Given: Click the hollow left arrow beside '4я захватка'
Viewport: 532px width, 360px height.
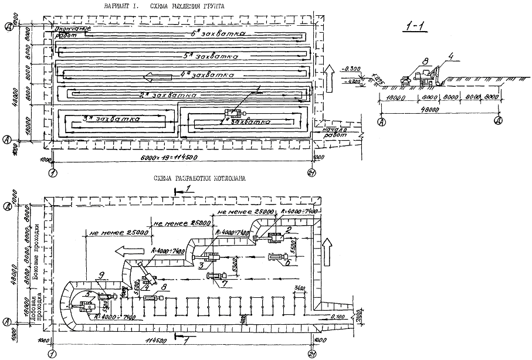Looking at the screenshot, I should (x=158, y=76).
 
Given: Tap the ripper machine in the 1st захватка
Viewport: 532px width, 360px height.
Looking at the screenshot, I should (x=236, y=114).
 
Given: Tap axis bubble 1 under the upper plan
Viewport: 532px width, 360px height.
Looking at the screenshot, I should (x=53, y=174).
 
